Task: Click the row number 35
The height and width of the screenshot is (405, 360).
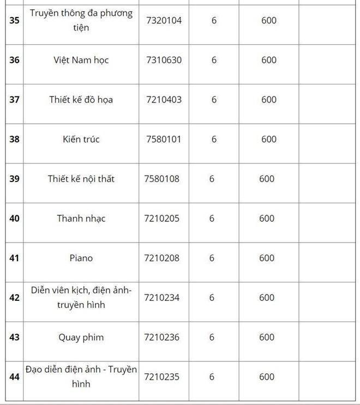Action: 14,21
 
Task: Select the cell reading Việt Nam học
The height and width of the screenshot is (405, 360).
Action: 81,60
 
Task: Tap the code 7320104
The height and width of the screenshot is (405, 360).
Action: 164,21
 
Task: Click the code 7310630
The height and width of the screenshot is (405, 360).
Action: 164,60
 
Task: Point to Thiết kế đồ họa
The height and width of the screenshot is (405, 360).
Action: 81,100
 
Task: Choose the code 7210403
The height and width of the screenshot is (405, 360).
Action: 164,100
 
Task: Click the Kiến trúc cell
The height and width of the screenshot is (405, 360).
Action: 81,139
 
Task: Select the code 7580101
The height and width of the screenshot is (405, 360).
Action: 164,139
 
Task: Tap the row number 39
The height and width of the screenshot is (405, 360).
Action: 14,179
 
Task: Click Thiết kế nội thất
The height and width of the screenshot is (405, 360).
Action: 81,179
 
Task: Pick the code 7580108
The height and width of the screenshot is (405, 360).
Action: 162,179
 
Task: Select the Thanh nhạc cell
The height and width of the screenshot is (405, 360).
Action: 81,219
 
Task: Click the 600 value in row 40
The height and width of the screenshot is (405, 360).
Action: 267,219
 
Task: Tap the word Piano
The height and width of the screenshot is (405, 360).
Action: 81,258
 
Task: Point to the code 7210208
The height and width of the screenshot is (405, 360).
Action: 162,258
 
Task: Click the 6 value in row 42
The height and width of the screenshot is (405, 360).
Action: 212,298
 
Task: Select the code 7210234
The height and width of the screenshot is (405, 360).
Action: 162,298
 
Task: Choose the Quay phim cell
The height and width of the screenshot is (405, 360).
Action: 81,337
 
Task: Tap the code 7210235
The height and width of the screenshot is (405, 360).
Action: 162,377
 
